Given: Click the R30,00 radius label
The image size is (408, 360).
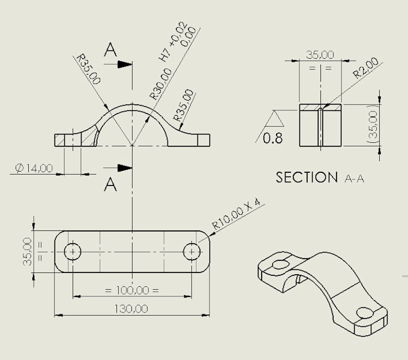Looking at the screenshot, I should (160, 83).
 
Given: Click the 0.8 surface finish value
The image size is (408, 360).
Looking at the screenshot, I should (273, 139).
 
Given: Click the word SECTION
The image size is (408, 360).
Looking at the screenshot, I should (307, 177).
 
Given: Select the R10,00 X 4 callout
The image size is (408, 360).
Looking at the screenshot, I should (238, 214).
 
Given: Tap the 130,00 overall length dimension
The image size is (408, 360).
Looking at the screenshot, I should (132, 308).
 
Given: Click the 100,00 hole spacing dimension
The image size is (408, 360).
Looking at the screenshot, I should (132, 290).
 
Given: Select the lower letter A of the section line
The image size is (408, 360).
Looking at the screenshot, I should (110, 185).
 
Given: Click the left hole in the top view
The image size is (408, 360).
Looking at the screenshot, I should (73, 251).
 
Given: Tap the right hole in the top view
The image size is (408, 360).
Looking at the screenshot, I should (191, 251).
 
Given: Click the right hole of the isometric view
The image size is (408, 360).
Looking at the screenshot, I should (365, 313).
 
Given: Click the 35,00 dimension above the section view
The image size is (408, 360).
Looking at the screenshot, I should (320, 55).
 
